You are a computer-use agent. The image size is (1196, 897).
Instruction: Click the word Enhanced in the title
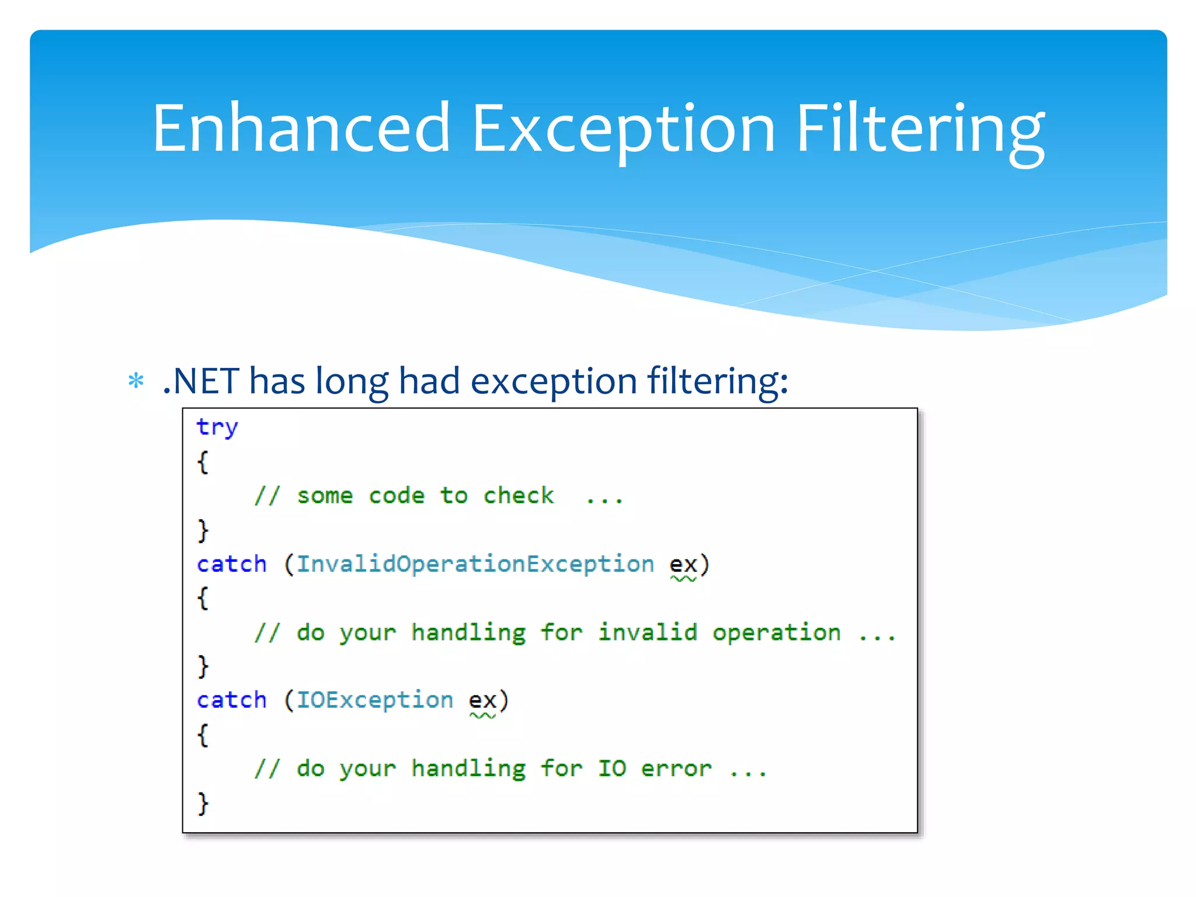(x=301, y=128)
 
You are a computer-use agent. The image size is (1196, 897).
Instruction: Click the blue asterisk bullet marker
(x=136, y=381)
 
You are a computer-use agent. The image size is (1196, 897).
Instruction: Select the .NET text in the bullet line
(x=200, y=381)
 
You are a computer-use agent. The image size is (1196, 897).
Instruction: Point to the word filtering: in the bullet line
(x=717, y=381)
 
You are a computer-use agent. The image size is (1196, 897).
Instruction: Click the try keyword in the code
(x=217, y=427)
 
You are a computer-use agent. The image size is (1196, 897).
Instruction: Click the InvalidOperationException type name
(x=475, y=564)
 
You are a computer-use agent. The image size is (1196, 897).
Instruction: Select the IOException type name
(x=374, y=700)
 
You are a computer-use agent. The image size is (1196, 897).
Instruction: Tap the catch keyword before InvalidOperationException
(x=231, y=564)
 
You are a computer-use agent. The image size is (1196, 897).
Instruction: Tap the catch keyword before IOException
(x=231, y=700)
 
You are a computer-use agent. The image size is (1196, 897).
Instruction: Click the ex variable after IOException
(x=482, y=701)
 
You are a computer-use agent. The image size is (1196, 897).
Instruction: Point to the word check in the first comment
(x=518, y=496)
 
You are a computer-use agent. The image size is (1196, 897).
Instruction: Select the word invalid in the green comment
(x=647, y=632)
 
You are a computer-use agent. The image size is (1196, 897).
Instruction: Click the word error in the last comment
(x=676, y=769)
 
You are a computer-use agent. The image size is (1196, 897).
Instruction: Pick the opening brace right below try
(x=203, y=462)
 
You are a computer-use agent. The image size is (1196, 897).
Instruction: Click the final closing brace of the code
(x=203, y=803)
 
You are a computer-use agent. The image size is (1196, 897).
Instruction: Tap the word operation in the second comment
(x=776, y=633)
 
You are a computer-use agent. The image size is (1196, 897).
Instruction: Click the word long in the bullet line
(x=352, y=381)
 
